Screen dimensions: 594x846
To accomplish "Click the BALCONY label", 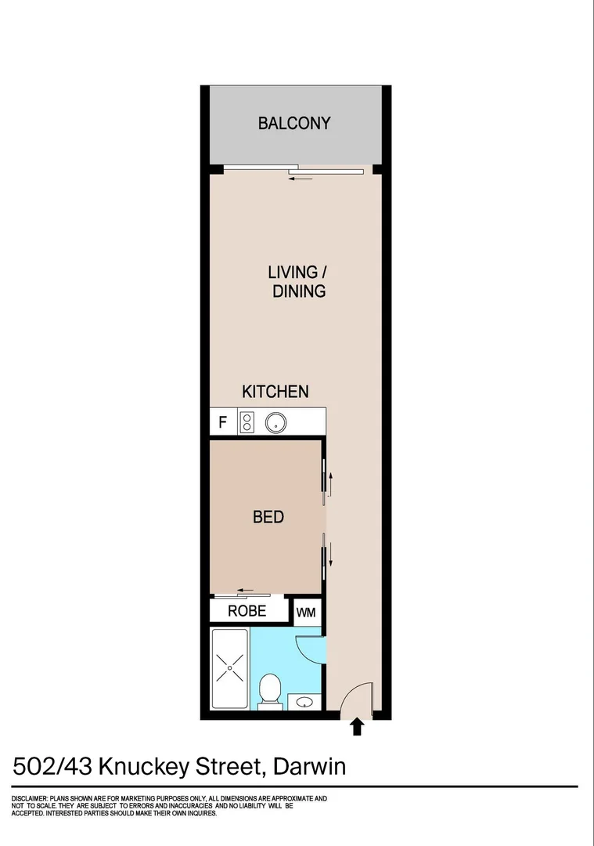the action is tap(293, 123).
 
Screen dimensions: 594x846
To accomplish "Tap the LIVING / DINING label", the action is tap(298, 281).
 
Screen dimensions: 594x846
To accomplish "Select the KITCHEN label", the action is tap(275, 391).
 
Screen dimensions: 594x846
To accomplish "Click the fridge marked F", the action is tap(222, 422).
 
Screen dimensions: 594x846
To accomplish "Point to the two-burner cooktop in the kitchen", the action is tap(247, 422).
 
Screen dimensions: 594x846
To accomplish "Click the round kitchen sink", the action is tap(275, 422).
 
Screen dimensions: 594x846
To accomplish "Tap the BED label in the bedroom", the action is tap(268, 517).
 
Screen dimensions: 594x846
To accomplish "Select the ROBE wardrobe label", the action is tap(247, 611).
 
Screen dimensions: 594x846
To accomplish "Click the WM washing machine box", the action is tap(306, 613).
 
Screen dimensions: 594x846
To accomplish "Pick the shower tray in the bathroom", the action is tap(230, 668).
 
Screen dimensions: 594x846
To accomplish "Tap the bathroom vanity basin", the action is tap(305, 702).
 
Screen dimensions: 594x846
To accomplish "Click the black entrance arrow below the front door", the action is tap(357, 726).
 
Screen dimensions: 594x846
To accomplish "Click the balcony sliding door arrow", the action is tap(301, 178).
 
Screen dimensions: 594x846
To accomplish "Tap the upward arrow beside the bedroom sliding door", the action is tap(330, 484).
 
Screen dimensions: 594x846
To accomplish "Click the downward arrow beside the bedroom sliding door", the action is tap(330, 555).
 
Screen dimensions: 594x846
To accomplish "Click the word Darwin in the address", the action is tap(309, 766).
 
